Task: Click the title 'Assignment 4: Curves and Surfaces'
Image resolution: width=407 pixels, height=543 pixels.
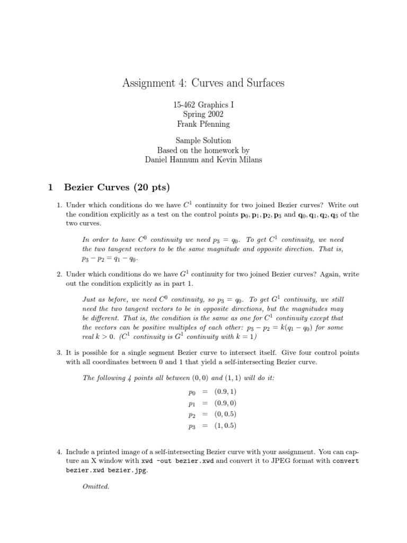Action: (x=203, y=83)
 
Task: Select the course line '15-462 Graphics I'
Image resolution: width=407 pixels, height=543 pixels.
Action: (x=203, y=105)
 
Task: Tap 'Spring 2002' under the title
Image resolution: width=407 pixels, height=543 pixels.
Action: (x=203, y=114)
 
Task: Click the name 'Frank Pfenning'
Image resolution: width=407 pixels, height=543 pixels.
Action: (x=203, y=124)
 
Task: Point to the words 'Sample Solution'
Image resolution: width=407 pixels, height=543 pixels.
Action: (x=203, y=141)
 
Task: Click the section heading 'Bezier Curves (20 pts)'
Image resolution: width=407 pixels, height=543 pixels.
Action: (x=116, y=187)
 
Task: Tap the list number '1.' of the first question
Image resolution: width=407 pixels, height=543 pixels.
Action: (x=59, y=205)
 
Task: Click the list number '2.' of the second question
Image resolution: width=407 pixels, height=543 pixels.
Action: (x=59, y=274)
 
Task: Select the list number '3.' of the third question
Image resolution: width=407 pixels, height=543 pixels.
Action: (x=59, y=352)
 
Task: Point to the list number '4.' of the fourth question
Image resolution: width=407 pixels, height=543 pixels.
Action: (x=59, y=452)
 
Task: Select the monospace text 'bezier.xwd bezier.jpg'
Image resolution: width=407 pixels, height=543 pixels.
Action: (x=108, y=470)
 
